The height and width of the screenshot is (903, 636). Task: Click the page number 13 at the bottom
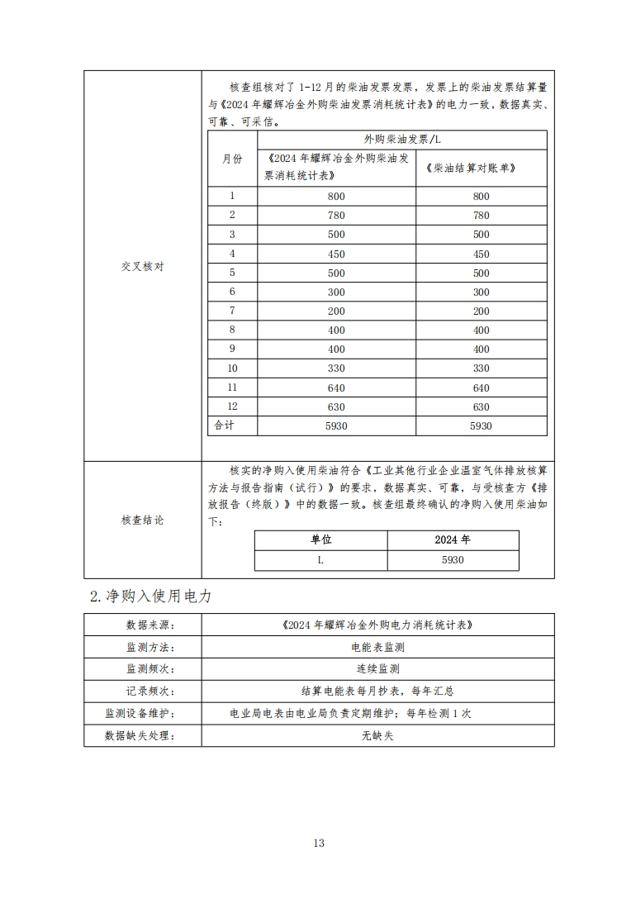coord(319,843)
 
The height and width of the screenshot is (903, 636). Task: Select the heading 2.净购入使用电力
coord(150,596)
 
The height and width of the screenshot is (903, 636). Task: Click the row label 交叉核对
coord(143,267)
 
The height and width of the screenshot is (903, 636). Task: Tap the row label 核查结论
coord(143,520)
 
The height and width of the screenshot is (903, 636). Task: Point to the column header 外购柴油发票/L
coord(408,140)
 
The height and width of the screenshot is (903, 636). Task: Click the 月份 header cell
coord(232,159)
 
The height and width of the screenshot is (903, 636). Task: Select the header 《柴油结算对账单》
coord(480,168)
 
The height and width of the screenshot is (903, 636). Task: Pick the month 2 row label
coord(232,215)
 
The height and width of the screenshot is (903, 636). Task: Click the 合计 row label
coord(225,425)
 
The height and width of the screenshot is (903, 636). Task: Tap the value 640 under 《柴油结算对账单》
coord(481,387)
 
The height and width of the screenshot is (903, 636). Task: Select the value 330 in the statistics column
coord(336,368)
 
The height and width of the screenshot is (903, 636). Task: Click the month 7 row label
coord(232,311)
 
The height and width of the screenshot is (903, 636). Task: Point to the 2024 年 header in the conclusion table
coord(453,540)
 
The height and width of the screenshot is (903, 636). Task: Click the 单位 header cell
coord(320,540)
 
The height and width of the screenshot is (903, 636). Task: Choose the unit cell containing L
coord(320,560)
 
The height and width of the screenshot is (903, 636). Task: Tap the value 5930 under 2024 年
coord(453,560)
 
